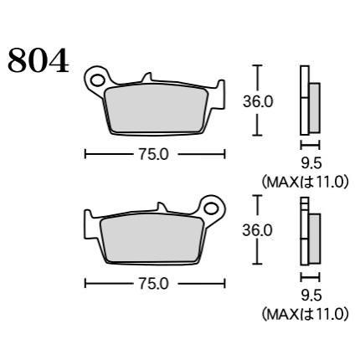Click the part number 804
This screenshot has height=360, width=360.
(39, 60)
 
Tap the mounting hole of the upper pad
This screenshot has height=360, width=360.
(97, 80)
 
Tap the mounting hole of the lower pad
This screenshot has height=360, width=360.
(211, 208)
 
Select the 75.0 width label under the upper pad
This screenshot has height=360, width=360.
(154, 154)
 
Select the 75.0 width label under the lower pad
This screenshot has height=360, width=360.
(154, 285)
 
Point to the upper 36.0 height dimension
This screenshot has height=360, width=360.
(258, 101)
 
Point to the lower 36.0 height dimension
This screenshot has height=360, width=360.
(257, 231)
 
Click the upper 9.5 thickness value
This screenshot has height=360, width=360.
(311, 163)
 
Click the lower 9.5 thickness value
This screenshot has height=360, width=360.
(311, 296)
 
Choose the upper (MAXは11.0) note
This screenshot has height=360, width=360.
(305, 183)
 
